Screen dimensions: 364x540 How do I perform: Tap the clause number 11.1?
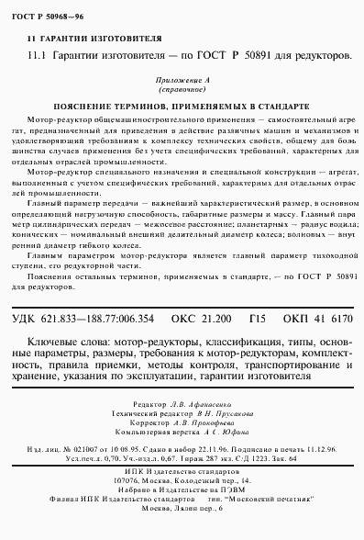(38, 56)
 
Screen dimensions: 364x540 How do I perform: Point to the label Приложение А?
(188, 81)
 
